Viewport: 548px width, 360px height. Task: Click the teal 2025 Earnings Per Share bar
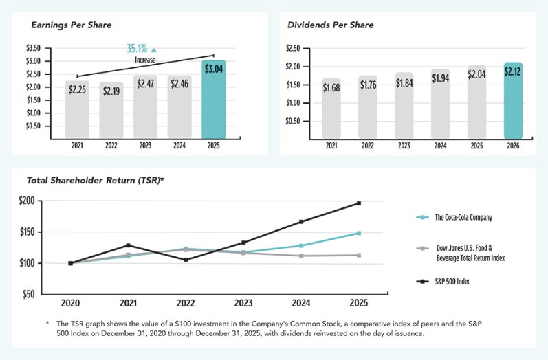coord(213,100)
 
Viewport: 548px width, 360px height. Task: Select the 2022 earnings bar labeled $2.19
coord(111,110)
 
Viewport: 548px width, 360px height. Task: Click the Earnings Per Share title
coord(72,25)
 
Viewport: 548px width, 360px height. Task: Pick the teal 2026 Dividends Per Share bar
coord(513,101)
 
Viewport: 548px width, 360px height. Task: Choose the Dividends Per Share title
coord(330,25)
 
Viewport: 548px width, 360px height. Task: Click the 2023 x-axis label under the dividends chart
coord(404,146)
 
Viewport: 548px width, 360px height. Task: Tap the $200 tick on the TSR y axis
coord(25,201)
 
